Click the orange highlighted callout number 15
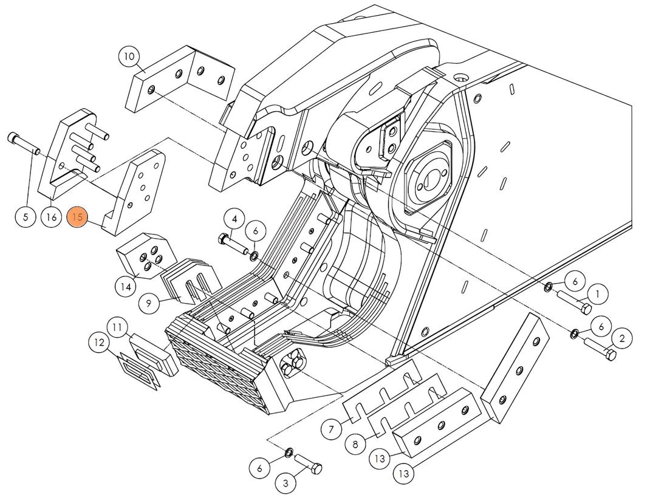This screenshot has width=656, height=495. tap(77, 217)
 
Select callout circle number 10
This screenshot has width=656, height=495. tap(129, 57)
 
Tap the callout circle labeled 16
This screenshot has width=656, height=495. tap(52, 217)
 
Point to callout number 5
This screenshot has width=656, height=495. tap(26, 217)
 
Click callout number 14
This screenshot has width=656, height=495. tap(126, 285)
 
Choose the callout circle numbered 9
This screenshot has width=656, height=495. tap(149, 302)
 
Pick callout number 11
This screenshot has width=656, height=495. tap(118, 328)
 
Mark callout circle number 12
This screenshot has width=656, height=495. tap(99, 343)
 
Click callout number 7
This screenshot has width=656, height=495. tap(331, 430)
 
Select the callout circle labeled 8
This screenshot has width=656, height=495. tap(355, 444)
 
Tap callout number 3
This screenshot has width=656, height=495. tap(285, 483)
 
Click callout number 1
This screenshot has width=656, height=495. tap(598, 295)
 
